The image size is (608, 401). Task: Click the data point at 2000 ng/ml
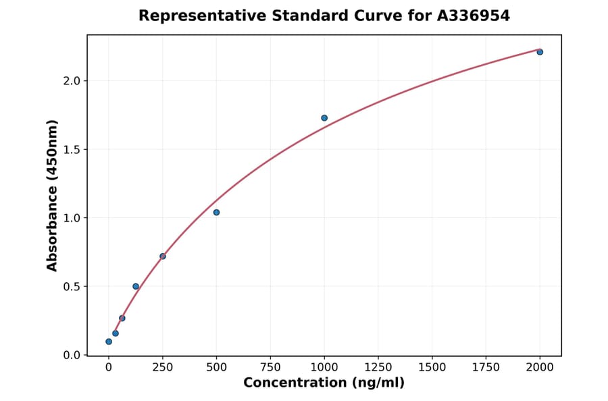point(540,52)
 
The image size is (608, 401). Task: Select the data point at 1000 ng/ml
point(324,118)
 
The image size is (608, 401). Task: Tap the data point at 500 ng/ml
point(216,213)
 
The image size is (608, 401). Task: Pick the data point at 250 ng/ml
point(163,257)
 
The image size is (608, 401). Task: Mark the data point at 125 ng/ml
point(136,286)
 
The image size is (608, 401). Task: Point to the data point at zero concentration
point(109,342)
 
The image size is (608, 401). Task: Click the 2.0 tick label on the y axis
point(72,81)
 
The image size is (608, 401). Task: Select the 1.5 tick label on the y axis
point(72,149)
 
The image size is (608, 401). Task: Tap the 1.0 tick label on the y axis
point(72,218)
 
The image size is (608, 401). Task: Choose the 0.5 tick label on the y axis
point(72,287)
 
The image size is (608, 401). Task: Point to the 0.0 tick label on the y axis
point(72,355)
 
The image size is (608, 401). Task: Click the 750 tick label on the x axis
point(270,367)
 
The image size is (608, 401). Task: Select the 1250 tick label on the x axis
point(378,367)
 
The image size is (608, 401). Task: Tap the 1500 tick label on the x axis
point(432,367)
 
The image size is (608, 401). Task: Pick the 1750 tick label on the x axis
point(486,367)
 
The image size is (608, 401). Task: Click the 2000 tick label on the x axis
point(540,367)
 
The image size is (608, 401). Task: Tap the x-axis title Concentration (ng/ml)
point(324,383)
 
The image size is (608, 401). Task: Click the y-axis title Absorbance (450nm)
point(53,195)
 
